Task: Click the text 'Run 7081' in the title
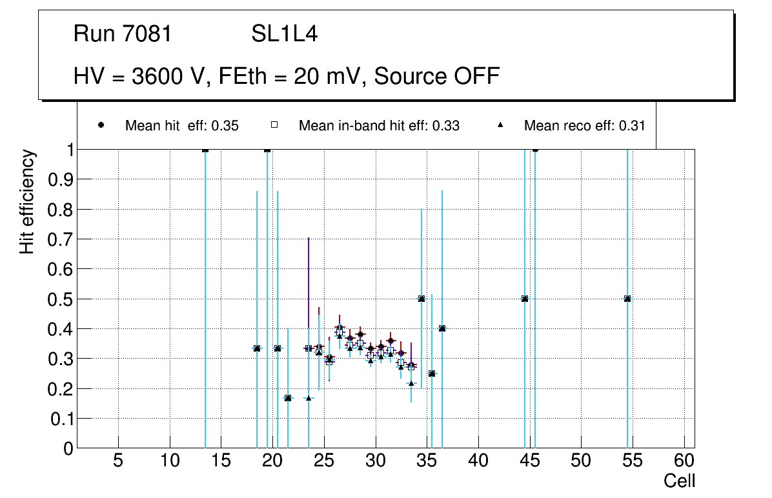point(123,34)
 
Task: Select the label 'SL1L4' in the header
point(284,34)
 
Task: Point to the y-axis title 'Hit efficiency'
point(27,201)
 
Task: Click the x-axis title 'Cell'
point(680,481)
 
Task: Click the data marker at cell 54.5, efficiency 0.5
point(627,299)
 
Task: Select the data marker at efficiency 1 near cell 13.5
point(205,150)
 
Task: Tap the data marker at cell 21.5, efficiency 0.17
point(288,398)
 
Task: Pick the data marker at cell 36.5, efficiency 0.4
point(442,328)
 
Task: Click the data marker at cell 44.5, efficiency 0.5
point(525,299)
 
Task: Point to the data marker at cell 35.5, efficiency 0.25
point(432,373)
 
